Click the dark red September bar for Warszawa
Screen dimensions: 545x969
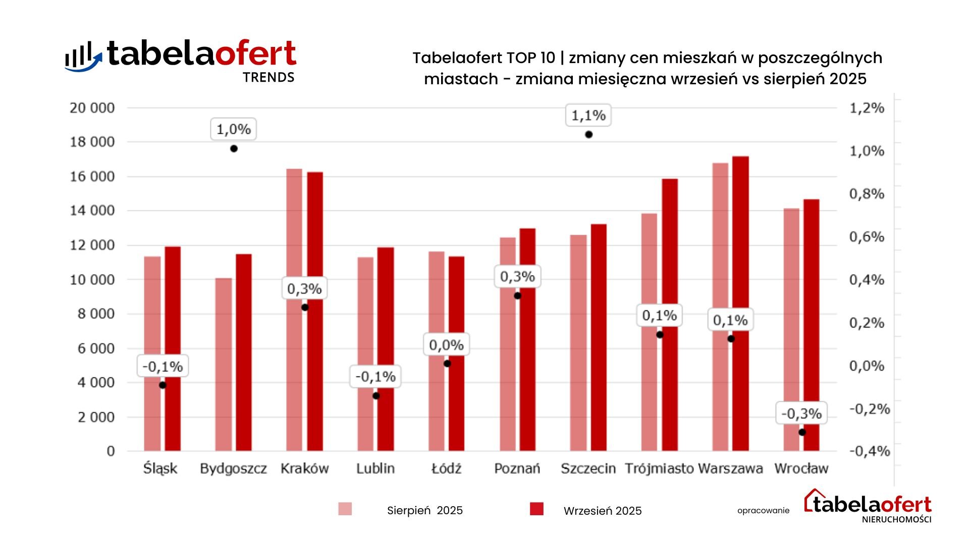[740, 303]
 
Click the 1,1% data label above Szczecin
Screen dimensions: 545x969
[588, 116]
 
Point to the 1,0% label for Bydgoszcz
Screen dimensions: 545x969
[233, 129]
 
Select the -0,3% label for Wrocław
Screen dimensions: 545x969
[801, 414]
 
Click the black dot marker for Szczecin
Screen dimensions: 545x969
[588, 135]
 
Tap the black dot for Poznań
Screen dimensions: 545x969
[517, 296]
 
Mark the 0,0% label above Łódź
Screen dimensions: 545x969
[446, 345]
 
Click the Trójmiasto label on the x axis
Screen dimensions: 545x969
[659, 469]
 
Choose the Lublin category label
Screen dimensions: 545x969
[375, 469]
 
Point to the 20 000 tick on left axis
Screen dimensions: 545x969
[92, 108]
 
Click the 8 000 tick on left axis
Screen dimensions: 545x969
[92, 314]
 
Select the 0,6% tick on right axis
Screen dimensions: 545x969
[867, 237]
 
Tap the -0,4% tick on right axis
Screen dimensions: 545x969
[869, 451]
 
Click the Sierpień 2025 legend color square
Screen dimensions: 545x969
[345, 509]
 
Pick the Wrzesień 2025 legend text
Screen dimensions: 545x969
[602, 511]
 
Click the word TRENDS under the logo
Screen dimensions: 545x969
[268, 78]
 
